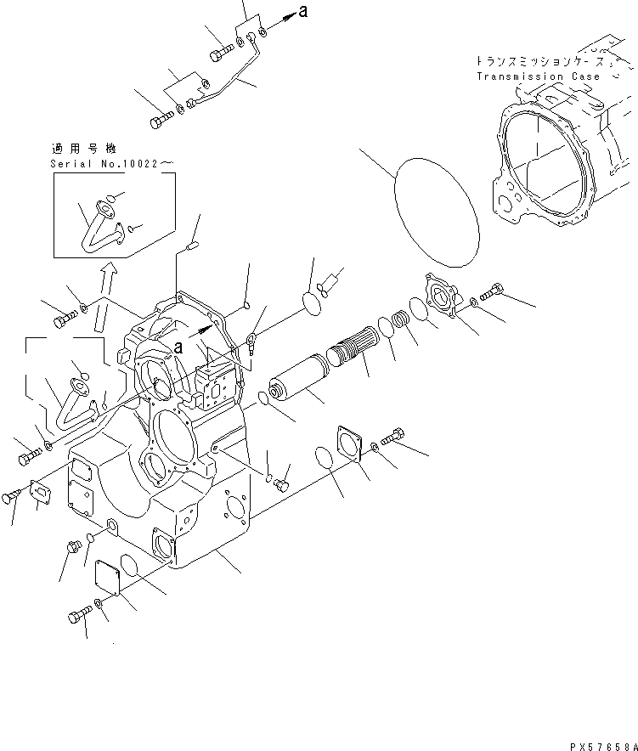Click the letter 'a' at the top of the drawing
coord(303,13)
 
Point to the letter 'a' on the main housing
coord(178,347)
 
